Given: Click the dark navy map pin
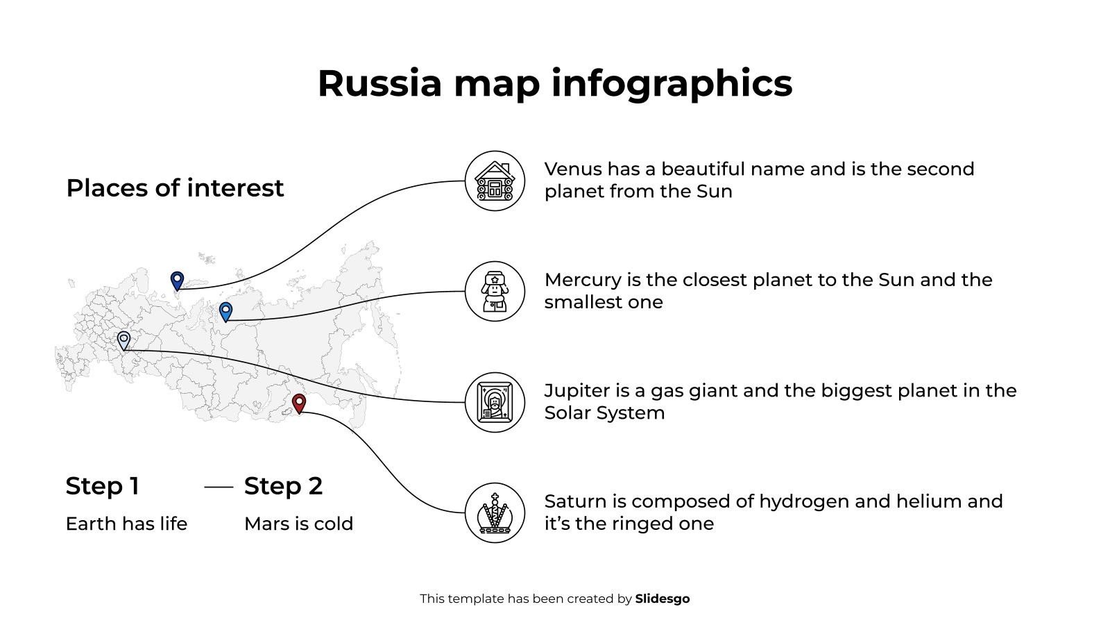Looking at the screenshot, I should click(x=177, y=280).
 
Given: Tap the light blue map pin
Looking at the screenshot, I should click(x=225, y=311).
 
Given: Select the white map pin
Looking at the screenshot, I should click(x=123, y=340).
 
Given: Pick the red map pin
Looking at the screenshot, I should click(x=299, y=403).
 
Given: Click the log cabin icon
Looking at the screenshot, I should click(x=495, y=181).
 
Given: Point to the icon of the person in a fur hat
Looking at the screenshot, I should click(x=495, y=292).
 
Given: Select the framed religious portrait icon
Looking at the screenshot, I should click(x=495, y=403).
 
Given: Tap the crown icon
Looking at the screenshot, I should click(x=495, y=513).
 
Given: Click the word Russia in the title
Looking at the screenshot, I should click(x=379, y=83).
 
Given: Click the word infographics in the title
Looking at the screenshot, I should click(x=672, y=83).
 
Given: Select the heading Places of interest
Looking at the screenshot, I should click(x=175, y=188).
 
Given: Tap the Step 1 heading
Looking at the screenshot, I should click(x=103, y=486).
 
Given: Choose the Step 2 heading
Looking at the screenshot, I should click(x=283, y=486).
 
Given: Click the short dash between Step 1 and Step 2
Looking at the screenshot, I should click(x=219, y=487).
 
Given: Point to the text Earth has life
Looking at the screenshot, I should click(x=126, y=524).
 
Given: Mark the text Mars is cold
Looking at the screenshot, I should click(x=298, y=524).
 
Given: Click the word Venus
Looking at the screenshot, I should click(x=573, y=169).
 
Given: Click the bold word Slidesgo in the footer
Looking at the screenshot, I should click(x=662, y=599).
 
